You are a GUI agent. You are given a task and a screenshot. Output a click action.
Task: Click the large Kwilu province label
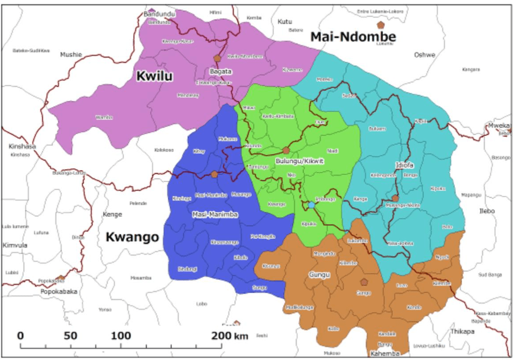point(154,77)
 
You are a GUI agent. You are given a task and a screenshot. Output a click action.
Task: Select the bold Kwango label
point(132,237)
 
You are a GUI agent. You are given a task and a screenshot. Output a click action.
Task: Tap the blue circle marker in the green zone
point(312,205)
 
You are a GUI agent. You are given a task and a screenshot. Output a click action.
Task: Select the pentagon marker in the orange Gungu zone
point(363,282)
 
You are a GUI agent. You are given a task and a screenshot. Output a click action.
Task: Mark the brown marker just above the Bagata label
point(217,59)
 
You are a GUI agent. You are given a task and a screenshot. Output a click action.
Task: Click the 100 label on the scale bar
point(121,335)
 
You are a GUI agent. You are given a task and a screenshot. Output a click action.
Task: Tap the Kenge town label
point(112,214)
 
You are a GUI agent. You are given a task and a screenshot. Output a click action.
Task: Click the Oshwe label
point(424,55)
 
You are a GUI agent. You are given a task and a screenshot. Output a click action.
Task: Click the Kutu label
point(285,22)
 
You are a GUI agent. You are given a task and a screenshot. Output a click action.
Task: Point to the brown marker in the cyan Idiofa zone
point(395,198)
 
